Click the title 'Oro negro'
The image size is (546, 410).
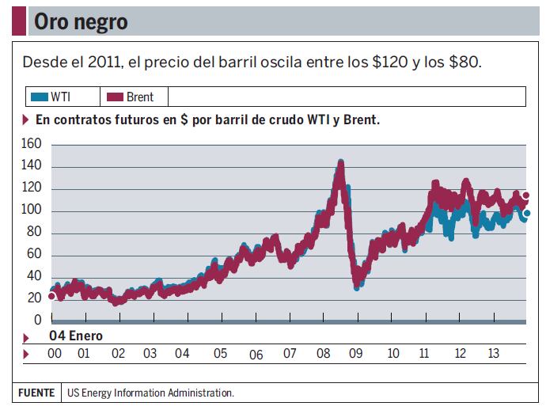pyautogui.click(x=80, y=22)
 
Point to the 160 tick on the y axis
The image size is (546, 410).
pyautogui.click(x=31, y=144)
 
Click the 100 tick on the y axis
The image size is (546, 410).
pyautogui.click(x=31, y=210)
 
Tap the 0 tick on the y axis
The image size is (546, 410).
pyautogui.click(x=37, y=320)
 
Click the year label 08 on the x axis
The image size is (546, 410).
pyautogui.click(x=323, y=353)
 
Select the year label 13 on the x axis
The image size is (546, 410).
pyautogui.click(x=492, y=353)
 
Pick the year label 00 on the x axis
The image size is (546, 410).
pyautogui.click(x=55, y=353)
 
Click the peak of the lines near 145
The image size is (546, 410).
pyautogui.click(x=341, y=163)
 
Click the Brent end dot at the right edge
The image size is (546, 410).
pyautogui.click(x=526, y=196)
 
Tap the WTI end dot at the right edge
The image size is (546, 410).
pyautogui.click(x=526, y=213)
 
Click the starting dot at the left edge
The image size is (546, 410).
pyautogui.click(x=51, y=296)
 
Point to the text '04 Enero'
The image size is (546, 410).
pyautogui.click(x=75, y=336)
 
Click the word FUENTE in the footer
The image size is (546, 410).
pyautogui.click(x=36, y=393)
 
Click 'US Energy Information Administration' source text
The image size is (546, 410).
pyautogui.click(x=150, y=393)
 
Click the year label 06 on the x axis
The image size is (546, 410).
pyautogui.click(x=256, y=355)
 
